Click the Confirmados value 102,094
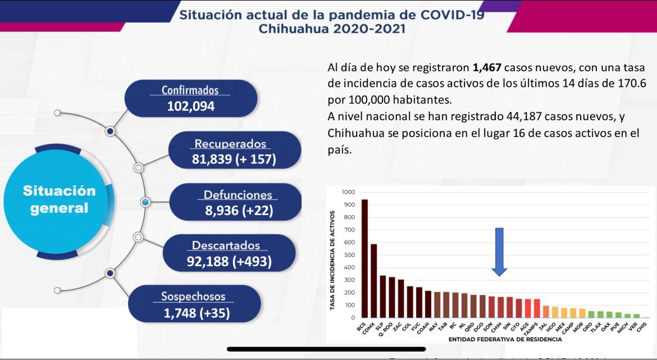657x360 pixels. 190,106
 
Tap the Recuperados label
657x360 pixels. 230,143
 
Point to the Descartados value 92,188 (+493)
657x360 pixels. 229,261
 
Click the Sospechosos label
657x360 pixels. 193,296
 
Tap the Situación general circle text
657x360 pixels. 59,199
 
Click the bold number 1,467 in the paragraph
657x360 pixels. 487,69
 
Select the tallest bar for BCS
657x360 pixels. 364,258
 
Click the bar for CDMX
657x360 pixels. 374,281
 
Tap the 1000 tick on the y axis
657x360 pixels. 348,193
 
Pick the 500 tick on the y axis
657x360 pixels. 349,255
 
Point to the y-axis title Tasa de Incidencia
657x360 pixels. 333,261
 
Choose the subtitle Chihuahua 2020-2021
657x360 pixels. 331,29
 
